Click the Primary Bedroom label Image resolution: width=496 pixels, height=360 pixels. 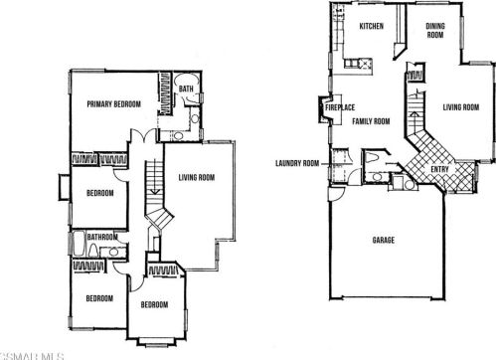(x=113, y=104)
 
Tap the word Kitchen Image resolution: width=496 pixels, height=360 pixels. (x=372, y=26)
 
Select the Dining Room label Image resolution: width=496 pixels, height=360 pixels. (x=435, y=30)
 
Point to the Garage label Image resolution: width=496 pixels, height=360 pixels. (x=384, y=240)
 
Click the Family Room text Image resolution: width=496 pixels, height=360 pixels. (x=371, y=121)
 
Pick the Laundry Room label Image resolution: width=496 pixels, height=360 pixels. (x=297, y=163)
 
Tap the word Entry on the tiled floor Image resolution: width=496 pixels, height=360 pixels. (x=439, y=169)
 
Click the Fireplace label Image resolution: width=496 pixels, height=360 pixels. (x=340, y=107)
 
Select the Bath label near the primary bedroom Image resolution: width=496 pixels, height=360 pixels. (x=186, y=89)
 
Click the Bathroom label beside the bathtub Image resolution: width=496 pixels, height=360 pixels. (x=102, y=237)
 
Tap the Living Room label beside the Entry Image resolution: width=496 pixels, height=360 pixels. (x=461, y=107)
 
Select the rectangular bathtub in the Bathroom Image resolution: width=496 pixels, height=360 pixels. (x=79, y=244)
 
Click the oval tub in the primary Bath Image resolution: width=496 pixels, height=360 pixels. (x=187, y=80)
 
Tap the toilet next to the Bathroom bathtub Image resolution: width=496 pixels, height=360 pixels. (x=92, y=251)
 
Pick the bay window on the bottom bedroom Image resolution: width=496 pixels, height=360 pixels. (x=157, y=341)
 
